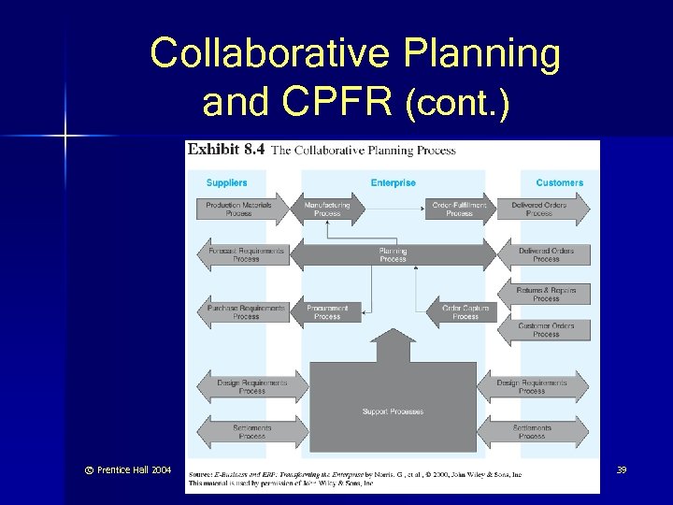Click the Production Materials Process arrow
coord(239,209)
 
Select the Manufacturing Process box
coord(327,209)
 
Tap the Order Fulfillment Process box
coord(459,209)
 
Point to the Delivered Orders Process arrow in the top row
coord(539,209)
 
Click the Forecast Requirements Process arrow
coord(246,254)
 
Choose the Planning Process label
coord(393,254)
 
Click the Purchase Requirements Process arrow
coord(246,312)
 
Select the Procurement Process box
coord(327,312)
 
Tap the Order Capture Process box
coord(465,312)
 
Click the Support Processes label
coord(393,411)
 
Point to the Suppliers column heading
coord(227,182)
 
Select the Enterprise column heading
coord(393,182)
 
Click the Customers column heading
coord(559,182)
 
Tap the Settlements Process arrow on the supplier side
coord(251,432)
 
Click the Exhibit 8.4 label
coord(226,149)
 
